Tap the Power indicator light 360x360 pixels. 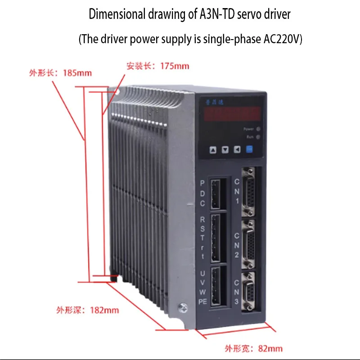258,129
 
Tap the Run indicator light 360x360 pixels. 258,137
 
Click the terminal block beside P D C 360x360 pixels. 216,193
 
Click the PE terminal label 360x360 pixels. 202,302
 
